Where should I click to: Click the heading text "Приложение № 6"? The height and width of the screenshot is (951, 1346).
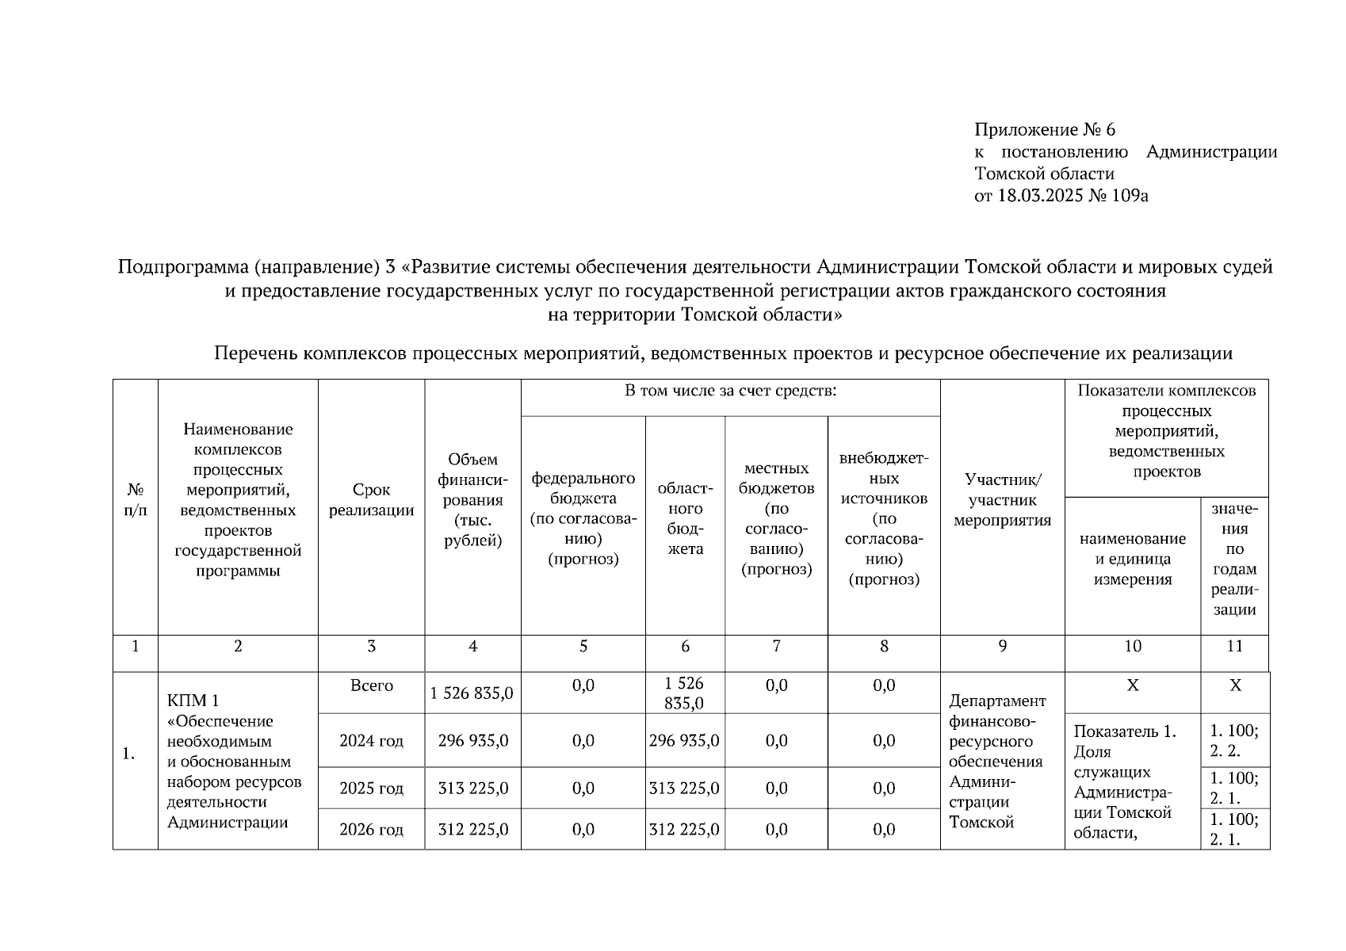click(1044, 130)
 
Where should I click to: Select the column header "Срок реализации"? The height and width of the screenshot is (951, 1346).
click(371, 500)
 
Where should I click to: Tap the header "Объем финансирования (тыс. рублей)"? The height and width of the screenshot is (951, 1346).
click(472, 500)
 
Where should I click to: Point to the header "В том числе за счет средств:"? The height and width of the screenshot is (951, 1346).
click(730, 391)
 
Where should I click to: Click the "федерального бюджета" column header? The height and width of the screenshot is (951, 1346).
click(583, 518)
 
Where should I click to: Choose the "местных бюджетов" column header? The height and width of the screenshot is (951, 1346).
click(776, 518)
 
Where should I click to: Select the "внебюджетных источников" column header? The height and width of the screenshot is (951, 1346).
click(884, 518)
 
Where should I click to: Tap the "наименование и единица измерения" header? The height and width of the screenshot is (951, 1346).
click(1132, 559)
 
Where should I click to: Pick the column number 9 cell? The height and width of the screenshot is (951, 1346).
click(1002, 647)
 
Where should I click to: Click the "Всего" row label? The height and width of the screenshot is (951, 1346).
click(371, 686)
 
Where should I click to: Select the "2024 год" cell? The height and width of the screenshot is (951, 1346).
click(371, 741)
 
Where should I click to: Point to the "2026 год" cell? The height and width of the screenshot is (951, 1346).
click(371, 830)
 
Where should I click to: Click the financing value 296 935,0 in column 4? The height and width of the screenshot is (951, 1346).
click(472, 741)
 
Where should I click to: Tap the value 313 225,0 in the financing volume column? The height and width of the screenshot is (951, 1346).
click(472, 789)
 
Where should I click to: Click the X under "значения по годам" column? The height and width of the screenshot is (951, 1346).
click(1234, 686)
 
